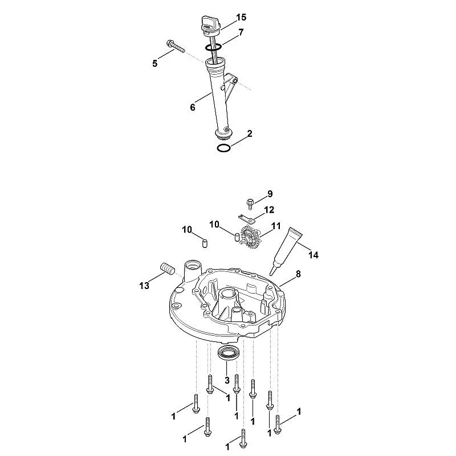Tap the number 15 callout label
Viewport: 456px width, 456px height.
[x=241, y=18]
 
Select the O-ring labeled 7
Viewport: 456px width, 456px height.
[x=213, y=47]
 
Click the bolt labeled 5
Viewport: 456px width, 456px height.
[x=176, y=47]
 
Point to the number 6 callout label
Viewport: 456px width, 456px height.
[x=193, y=108]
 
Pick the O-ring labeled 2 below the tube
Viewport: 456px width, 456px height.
[x=224, y=148]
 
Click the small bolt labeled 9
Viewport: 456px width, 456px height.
[x=250, y=203]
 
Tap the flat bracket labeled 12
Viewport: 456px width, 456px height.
[x=246, y=218]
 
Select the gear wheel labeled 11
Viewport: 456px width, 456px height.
[x=250, y=238]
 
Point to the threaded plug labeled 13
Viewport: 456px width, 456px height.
[x=167, y=268]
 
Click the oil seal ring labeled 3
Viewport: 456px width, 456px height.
[x=229, y=352]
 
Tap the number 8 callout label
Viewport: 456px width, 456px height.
[x=298, y=274]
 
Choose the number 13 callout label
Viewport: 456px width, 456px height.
[x=144, y=286]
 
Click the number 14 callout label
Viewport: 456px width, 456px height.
[x=313, y=255]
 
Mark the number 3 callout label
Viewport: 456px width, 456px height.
[x=227, y=380]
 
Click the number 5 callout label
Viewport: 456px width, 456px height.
[x=155, y=63]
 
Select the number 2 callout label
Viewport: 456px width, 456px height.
[x=250, y=134]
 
